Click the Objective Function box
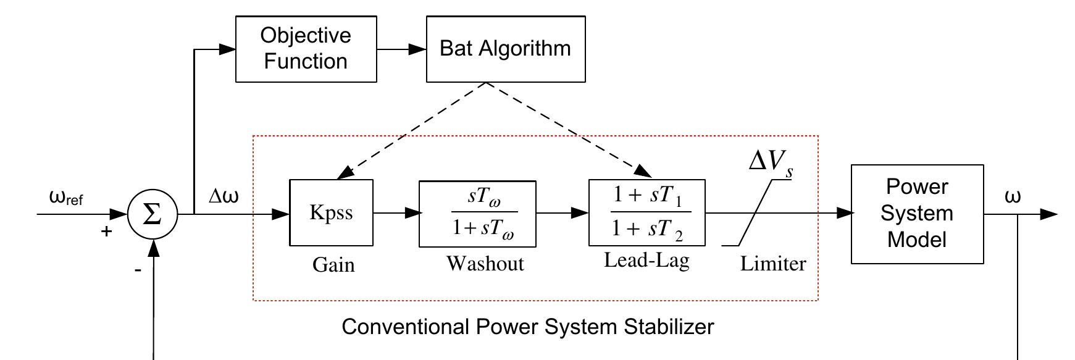(x=306, y=49)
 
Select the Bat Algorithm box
(x=505, y=49)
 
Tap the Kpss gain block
(x=331, y=213)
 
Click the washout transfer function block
(x=477, y=214)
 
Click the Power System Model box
(x=916, y=214)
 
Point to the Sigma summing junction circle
(x=152, y=214)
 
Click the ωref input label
(x=65, y=198)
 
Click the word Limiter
(x=773, y=264)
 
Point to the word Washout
(x=485, y=264)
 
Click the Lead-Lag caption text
(x=646, y=260)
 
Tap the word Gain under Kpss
(x=333, y=265)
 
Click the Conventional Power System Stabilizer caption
(x=527, y=326)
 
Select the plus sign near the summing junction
(x=107, y=232)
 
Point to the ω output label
(x=1013, y=196)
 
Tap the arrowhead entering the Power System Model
(x=845, y=214)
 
